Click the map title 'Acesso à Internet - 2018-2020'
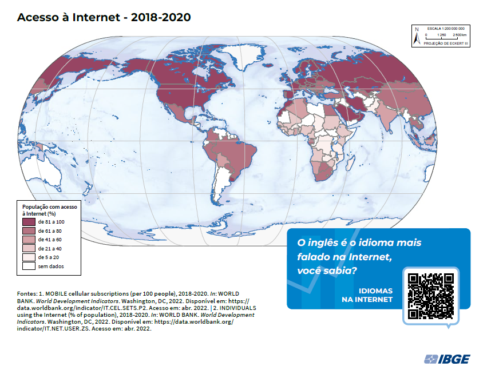pyautogui.click(x=104, y=17)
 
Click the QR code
pyautogui.click(x=431, y=296)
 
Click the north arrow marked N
pyautogui.click(x=417, y=37)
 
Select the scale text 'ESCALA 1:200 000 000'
pyautogui.click(x=445, y=28)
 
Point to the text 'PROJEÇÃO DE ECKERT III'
pyautogui.click(x=446, y=43)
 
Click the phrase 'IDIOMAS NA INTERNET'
pyautogui.click(x=367, y=295)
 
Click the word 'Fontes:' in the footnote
pyautogui.click(x=27, y=292)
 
